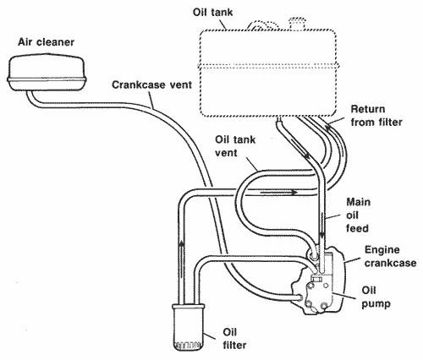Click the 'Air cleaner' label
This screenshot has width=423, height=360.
46,42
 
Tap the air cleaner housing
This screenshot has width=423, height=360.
47,74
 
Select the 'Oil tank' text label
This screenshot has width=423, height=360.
213,13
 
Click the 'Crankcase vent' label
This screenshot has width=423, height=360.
151,85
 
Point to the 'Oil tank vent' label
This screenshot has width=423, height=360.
235,146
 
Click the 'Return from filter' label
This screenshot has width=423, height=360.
376,116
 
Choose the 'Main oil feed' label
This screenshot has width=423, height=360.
358,215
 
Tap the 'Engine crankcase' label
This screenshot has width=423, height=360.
390,256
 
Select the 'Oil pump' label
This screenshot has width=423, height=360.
376,297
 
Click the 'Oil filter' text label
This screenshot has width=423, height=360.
234,338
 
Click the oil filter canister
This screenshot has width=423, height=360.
188,327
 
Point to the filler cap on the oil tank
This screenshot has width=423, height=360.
297,23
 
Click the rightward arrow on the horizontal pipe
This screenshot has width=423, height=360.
278,193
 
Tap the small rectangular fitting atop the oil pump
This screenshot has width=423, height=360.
316,279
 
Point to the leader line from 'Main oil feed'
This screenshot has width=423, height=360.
333,217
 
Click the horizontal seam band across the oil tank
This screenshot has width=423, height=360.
268,67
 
